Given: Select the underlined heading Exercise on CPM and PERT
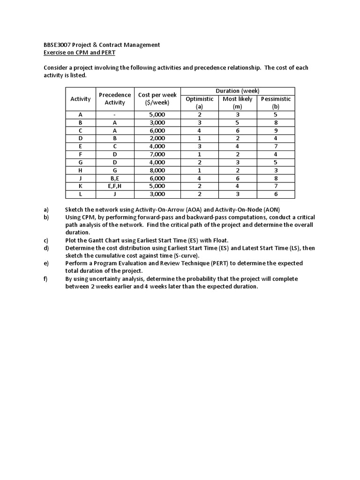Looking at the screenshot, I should (x=79, y=52).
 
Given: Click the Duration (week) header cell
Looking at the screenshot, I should (x=238, y=91).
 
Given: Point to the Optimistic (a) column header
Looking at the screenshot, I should (x=199, y=103).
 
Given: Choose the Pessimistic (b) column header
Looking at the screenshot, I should (x=276, y=103).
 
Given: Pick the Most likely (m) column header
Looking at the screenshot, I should (x=237, y=103).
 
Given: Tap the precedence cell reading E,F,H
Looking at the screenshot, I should (x=115, y=186).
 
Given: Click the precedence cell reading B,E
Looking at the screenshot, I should (x=115, y=178).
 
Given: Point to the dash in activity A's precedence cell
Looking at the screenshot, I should (x=115, y=114).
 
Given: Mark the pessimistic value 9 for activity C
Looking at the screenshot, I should (x=276, y=130).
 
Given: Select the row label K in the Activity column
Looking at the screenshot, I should (x=81, y=186).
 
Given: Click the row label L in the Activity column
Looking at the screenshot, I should (x=81, y=194).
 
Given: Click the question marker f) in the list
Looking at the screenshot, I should (x=46, y=279).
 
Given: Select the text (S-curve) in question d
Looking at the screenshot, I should (x=186, y=256).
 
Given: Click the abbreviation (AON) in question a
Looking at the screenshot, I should (x=269, y=210).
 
